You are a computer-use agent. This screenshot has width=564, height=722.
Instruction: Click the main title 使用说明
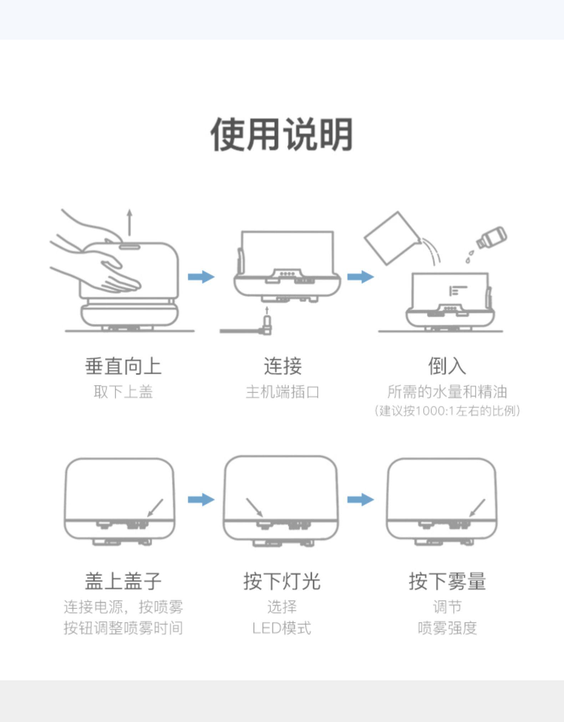pyautogui.click(x=282, y=134)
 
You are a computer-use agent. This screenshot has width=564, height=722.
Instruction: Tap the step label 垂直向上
pyautogui.click(x=123, y=366)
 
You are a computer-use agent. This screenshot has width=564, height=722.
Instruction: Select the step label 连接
pyautogui.click(x=283, y=366)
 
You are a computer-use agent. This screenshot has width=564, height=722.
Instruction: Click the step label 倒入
pyautogui.click(x=447, y=366)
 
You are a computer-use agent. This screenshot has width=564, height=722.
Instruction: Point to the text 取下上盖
pyautogui.click(x=123, y=392)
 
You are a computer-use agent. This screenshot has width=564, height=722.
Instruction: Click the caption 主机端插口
pyautogui.click(x=282, y=392)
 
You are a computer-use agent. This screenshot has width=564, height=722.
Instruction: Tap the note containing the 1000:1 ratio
pyautogui.click(x=447, y=411)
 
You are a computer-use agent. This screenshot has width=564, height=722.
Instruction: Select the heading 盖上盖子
pyautogui.click(x=123, y=581)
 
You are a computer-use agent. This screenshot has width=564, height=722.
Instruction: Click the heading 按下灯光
pyautogui.click(x=282, y=581)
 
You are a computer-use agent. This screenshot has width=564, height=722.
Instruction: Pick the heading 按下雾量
pyautogui.click(x=447, y=581)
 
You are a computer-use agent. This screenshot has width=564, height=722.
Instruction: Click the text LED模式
pyautogui.click(x=282, y=628)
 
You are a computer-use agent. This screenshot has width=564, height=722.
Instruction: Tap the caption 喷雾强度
pyautogui.click(x=447, y=628)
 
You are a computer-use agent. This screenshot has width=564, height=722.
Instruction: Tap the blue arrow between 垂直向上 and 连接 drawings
pyautogui.click(x=201, y=277)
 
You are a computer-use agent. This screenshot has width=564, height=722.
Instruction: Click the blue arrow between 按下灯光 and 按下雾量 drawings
pyautogui.click(x=361, y=499)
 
